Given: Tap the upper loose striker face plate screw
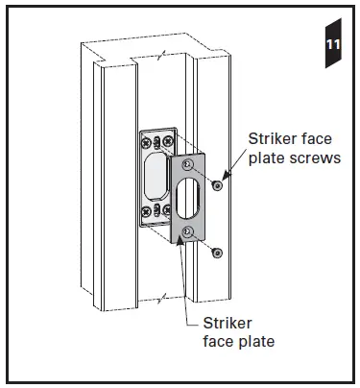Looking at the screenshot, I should click(218, 184).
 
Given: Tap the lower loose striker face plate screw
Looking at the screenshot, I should click(218, 253).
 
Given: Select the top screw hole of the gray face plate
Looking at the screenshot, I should click(188, 167).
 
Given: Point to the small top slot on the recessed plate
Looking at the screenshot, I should click(156, 133).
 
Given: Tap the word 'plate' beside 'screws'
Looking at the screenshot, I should click(270, 158).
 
